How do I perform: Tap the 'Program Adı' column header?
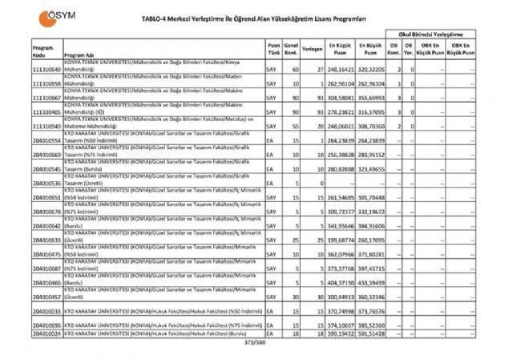click(79, 56)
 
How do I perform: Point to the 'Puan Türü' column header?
click(274, 51)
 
